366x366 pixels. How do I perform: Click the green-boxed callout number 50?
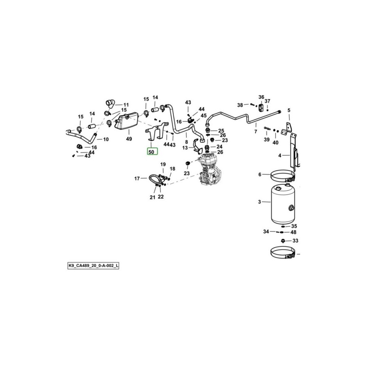[152, 151]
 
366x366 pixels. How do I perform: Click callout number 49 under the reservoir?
[129, 139]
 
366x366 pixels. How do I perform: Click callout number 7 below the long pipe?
[256, 131]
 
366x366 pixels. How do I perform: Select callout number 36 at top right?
[261, 97]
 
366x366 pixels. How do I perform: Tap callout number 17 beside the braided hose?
[137, 179]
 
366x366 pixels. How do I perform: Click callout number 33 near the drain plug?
[295, 241]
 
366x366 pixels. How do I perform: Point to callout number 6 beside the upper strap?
[260, 175]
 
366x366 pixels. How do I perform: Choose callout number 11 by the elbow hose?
[126, 104]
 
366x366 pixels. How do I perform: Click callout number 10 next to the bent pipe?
[106, 139]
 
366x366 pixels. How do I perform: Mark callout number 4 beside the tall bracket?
[280, 156]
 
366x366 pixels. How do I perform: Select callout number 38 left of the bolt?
[240, 105]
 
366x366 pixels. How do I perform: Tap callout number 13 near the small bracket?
[185, 148]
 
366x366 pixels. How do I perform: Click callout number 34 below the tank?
[266, 232]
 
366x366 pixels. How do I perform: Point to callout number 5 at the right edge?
[288, 110]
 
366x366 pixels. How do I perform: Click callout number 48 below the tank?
[294, 232]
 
